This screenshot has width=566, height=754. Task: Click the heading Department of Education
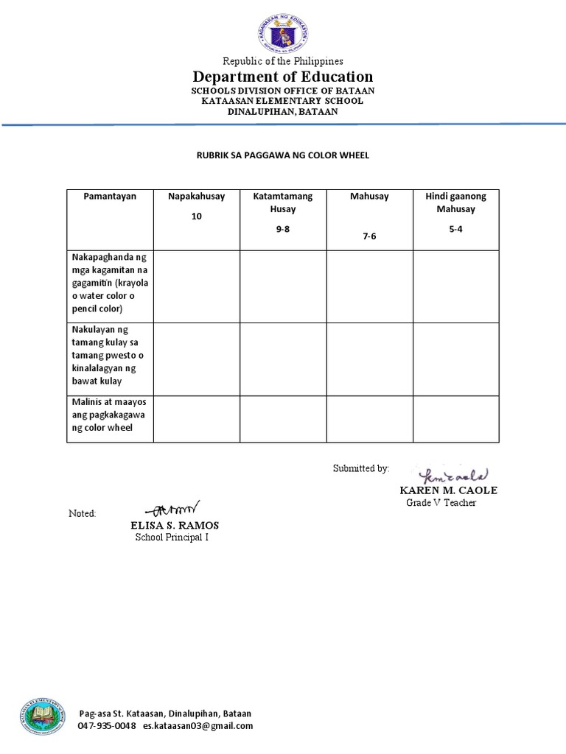coord(283,77)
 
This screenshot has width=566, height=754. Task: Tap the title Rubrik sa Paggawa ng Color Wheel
coord(282,155)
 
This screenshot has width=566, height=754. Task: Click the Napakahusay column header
coord(196,197)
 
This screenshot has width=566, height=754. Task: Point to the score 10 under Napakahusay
coord(196,217)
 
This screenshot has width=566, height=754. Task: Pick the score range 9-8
coord(283,230)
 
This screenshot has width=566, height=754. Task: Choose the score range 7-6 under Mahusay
coord(369,236)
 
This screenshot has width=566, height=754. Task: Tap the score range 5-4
coord(455,230)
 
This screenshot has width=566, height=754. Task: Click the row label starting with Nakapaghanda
coord(109,283)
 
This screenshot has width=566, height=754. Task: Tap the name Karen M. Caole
coord(448,490)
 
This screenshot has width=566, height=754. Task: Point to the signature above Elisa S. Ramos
coord(175,508)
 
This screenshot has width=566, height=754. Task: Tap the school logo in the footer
coord(42,717)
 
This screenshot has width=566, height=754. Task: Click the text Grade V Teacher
coord(441,503)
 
